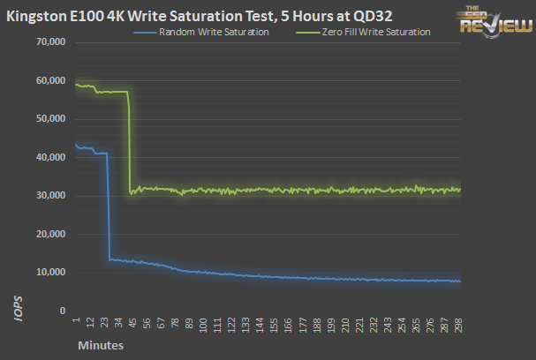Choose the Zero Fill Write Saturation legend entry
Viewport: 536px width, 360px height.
[x=374, y=32]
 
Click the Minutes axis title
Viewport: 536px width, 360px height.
[x=99, y=345]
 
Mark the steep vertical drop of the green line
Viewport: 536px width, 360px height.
[x=130, y=141]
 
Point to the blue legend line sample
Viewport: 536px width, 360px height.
[x=146, y=32]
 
